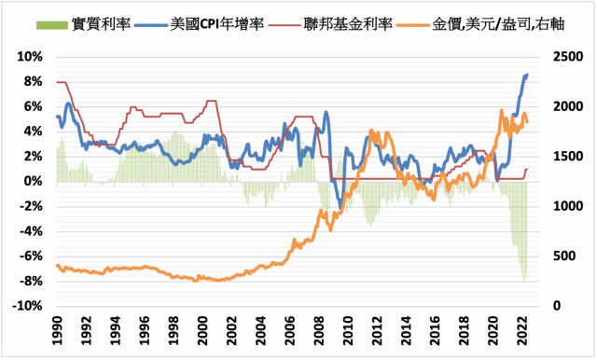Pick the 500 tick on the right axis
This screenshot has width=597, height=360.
coord(559,256)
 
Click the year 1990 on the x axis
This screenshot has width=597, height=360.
coord(56,327)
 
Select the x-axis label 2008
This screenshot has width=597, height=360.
coord(319,327)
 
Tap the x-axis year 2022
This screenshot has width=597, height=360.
coord(523,327)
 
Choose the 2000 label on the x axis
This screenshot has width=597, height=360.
coord(201,327)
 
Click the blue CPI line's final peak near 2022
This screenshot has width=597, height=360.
coord(527,75)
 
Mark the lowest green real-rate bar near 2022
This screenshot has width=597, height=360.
coord(525,280)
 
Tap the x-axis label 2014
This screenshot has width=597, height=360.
coord(406,327)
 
